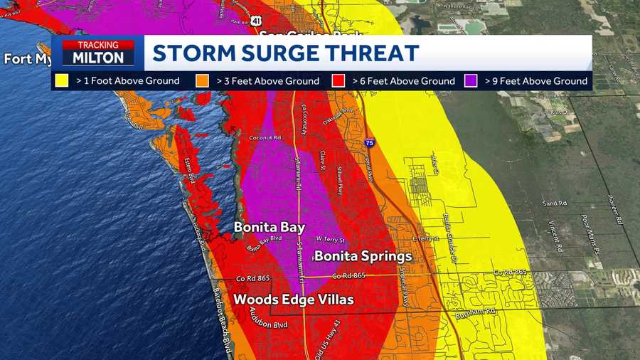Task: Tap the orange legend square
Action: pyautogui.click(x=203, y=81)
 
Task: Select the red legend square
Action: pyautogui.click(x=341, y=81)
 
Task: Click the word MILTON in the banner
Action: pyautogui.click(x=98, y=58)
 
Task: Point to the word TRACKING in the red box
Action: pyautogui.click(x=98, y=45)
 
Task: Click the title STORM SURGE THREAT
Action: pyautogui.click(x=286, y=53)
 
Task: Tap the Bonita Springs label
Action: pyautogui.click(x=363, y=256)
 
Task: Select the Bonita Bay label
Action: pyautogui.click(x=270, y=228)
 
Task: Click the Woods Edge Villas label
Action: pyautogui.click(x=293, y=300)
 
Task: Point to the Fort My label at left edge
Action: pyautogui.click(x=27, y=59)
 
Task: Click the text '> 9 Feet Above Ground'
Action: pyautogui.click(x=536, y=81)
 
